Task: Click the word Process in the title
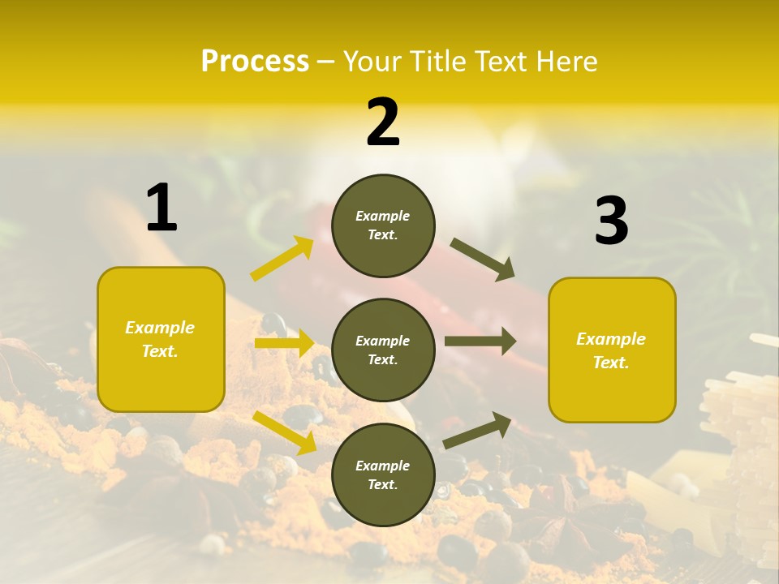(x=255, y=61)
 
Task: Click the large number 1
(x=161, y=208)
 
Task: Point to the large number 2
(x=383, y=122)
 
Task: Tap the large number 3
(x=611, y=221)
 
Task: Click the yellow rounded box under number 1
(x=161, y=339)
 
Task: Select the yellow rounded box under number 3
(x=612, y=350)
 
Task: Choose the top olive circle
(x=383, y=225)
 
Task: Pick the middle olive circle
(x=383, y=350)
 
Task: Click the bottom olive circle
(x=383, y=474)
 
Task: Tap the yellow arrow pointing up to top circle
(x=282, y=259)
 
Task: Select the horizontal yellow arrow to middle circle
(x=283, y=343)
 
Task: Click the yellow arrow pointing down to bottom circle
(x=284, y=432)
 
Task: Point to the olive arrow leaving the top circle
(x=482, y=260)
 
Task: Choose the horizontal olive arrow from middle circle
(x=480, y=341)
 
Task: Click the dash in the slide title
(x=326, y=62)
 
